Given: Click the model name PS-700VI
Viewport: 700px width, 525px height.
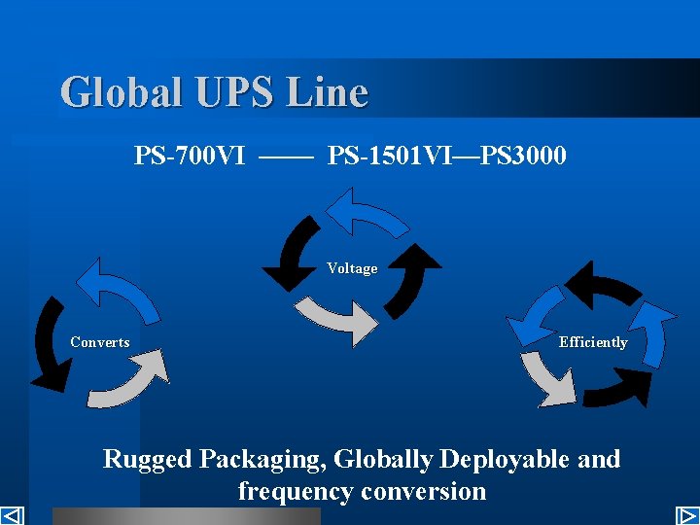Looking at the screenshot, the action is tap(190, 156).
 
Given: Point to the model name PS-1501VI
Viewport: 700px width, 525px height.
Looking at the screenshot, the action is tap(388, 156).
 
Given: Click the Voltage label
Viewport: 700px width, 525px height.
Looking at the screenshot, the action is tap(352, 268).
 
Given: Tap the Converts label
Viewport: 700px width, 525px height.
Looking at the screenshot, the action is tap(100, 342).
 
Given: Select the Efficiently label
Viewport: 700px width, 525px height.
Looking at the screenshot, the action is tap(593, 342).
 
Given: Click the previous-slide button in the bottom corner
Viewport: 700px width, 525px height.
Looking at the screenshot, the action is tap(12, 515).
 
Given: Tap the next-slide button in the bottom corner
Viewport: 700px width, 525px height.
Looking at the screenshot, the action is tap(687, 515).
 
